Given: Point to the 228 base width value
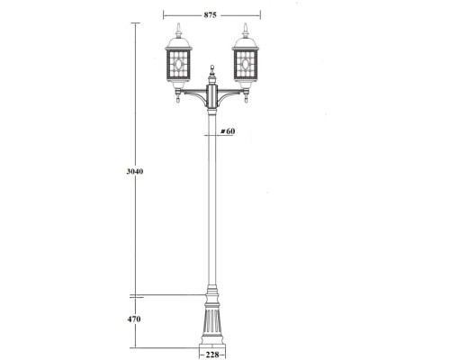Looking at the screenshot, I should pos(211,354).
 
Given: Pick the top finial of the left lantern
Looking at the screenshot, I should pos(178,25).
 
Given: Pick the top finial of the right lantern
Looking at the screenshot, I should pos(246,25).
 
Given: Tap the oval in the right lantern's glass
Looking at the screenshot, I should pos(246,65).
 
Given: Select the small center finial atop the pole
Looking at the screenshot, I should pos(212,68).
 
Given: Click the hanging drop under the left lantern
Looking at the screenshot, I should pos(178,102).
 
